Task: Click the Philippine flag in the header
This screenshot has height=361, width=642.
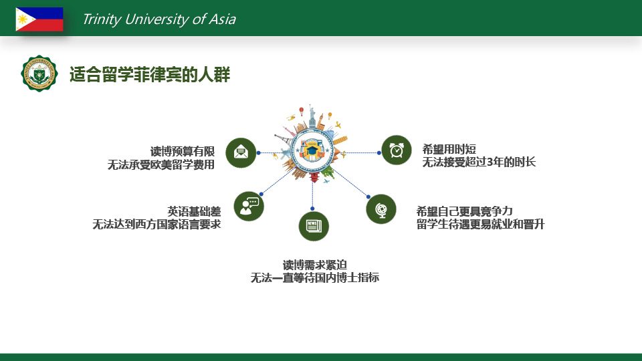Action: point(39,19)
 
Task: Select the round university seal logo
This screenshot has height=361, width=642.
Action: point(39,74)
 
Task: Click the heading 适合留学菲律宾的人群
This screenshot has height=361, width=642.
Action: point(150,74)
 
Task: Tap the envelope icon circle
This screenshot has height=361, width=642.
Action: point(241,152)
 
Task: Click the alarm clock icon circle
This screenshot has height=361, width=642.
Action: point(397,150)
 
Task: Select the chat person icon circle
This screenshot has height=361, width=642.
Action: point(249,206)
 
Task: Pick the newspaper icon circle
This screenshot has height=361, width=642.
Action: point(314,226)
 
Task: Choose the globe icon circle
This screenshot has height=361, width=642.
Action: point(381,209)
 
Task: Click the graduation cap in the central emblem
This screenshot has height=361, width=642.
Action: point(312,150)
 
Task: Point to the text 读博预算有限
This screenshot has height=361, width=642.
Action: point(183,152)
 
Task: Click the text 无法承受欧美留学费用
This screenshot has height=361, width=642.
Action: point(161,164)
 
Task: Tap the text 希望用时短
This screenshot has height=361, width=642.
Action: point(449,149)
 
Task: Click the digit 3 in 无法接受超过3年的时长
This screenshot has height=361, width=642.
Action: point(490,162)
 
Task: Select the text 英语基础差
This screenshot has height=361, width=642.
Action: point(194,211)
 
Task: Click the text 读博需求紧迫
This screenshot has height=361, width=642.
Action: point(315,265)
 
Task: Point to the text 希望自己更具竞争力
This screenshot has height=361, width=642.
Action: point(464,211)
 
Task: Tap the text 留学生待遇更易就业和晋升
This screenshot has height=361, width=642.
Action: point(480,225)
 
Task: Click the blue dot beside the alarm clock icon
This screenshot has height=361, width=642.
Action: point(379,152)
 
